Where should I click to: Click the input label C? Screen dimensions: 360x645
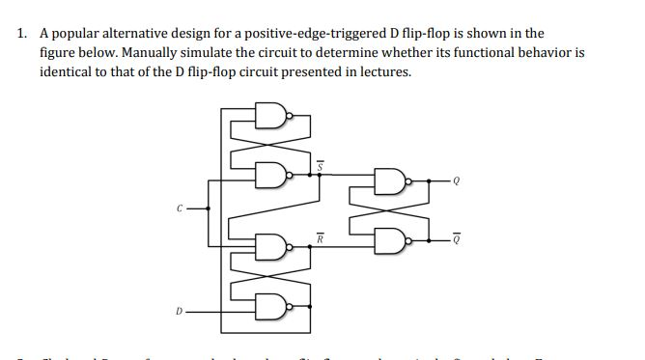(178, 207)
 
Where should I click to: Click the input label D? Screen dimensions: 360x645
(178, 311)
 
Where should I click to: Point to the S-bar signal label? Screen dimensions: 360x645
(322, 166)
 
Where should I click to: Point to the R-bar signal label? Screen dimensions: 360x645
(322, 236)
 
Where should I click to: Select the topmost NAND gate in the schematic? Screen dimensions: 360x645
(272, 119)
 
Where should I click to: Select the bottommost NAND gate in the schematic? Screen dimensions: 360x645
(272, 308)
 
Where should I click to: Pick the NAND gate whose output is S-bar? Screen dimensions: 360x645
(272, 175)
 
